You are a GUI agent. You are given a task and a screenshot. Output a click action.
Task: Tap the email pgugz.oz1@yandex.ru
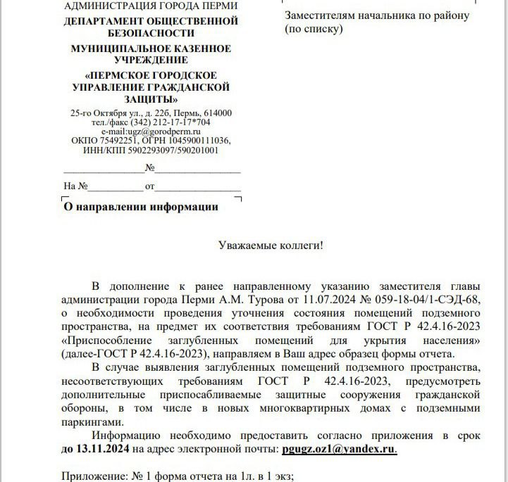tap(339, 448)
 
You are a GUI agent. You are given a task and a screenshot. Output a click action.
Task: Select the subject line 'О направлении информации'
tap(141, 207)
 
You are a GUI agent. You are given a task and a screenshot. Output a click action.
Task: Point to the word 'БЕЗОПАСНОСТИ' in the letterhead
tap(151, 33)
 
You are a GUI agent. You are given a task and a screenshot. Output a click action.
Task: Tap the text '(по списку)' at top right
tap(314, 29)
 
